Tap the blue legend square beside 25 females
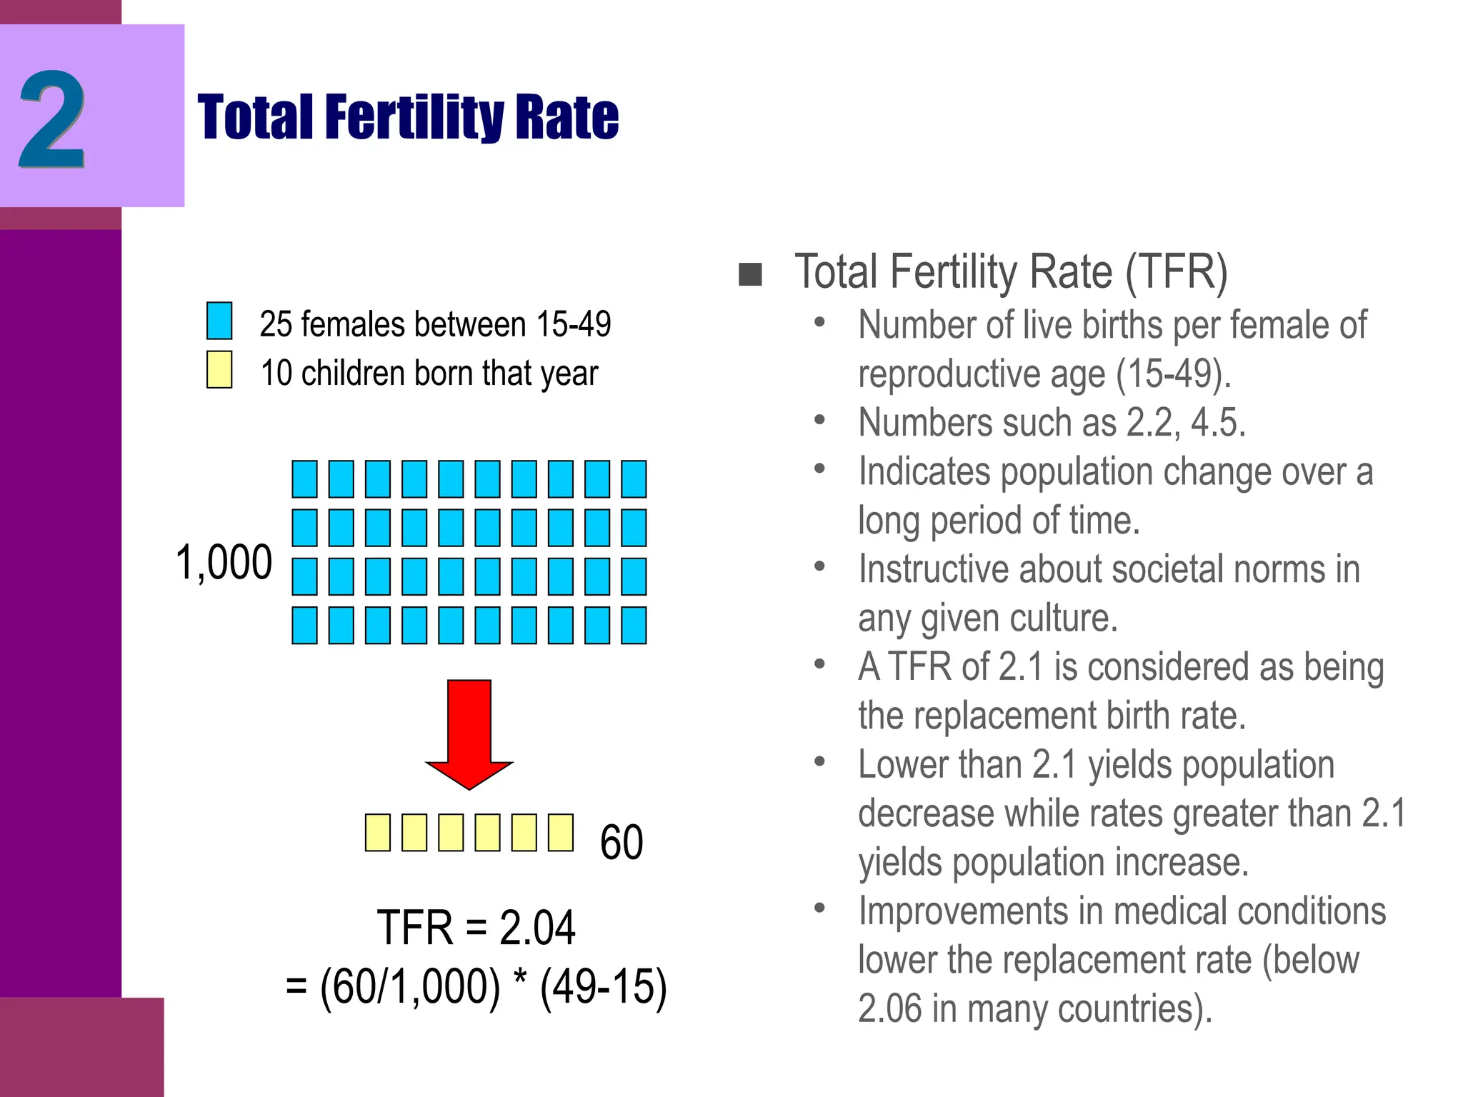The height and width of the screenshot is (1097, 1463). point(219,321)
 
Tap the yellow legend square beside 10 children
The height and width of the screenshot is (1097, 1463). point(219,369)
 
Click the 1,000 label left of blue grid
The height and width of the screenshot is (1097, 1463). point(224,562)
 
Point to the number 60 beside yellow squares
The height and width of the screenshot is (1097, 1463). point(621,842)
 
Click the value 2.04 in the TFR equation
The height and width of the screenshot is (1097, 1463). point(536,928)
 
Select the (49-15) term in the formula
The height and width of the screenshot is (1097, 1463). point(603,987)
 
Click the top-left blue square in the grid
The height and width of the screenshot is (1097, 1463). point(304,479)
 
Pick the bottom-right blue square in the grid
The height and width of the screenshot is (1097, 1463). point(634,625)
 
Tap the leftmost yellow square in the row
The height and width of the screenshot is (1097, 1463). point(377,832)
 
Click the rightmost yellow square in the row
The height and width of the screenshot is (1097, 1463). point(561,832)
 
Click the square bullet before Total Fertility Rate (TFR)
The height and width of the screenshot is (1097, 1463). point(750,274)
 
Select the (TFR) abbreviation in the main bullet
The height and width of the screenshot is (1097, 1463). point(1177,272)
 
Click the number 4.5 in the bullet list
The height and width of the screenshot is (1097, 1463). point(1217,422)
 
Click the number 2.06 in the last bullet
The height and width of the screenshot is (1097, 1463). point(889,1008)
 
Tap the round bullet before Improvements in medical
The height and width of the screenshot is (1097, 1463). point(819,908)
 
